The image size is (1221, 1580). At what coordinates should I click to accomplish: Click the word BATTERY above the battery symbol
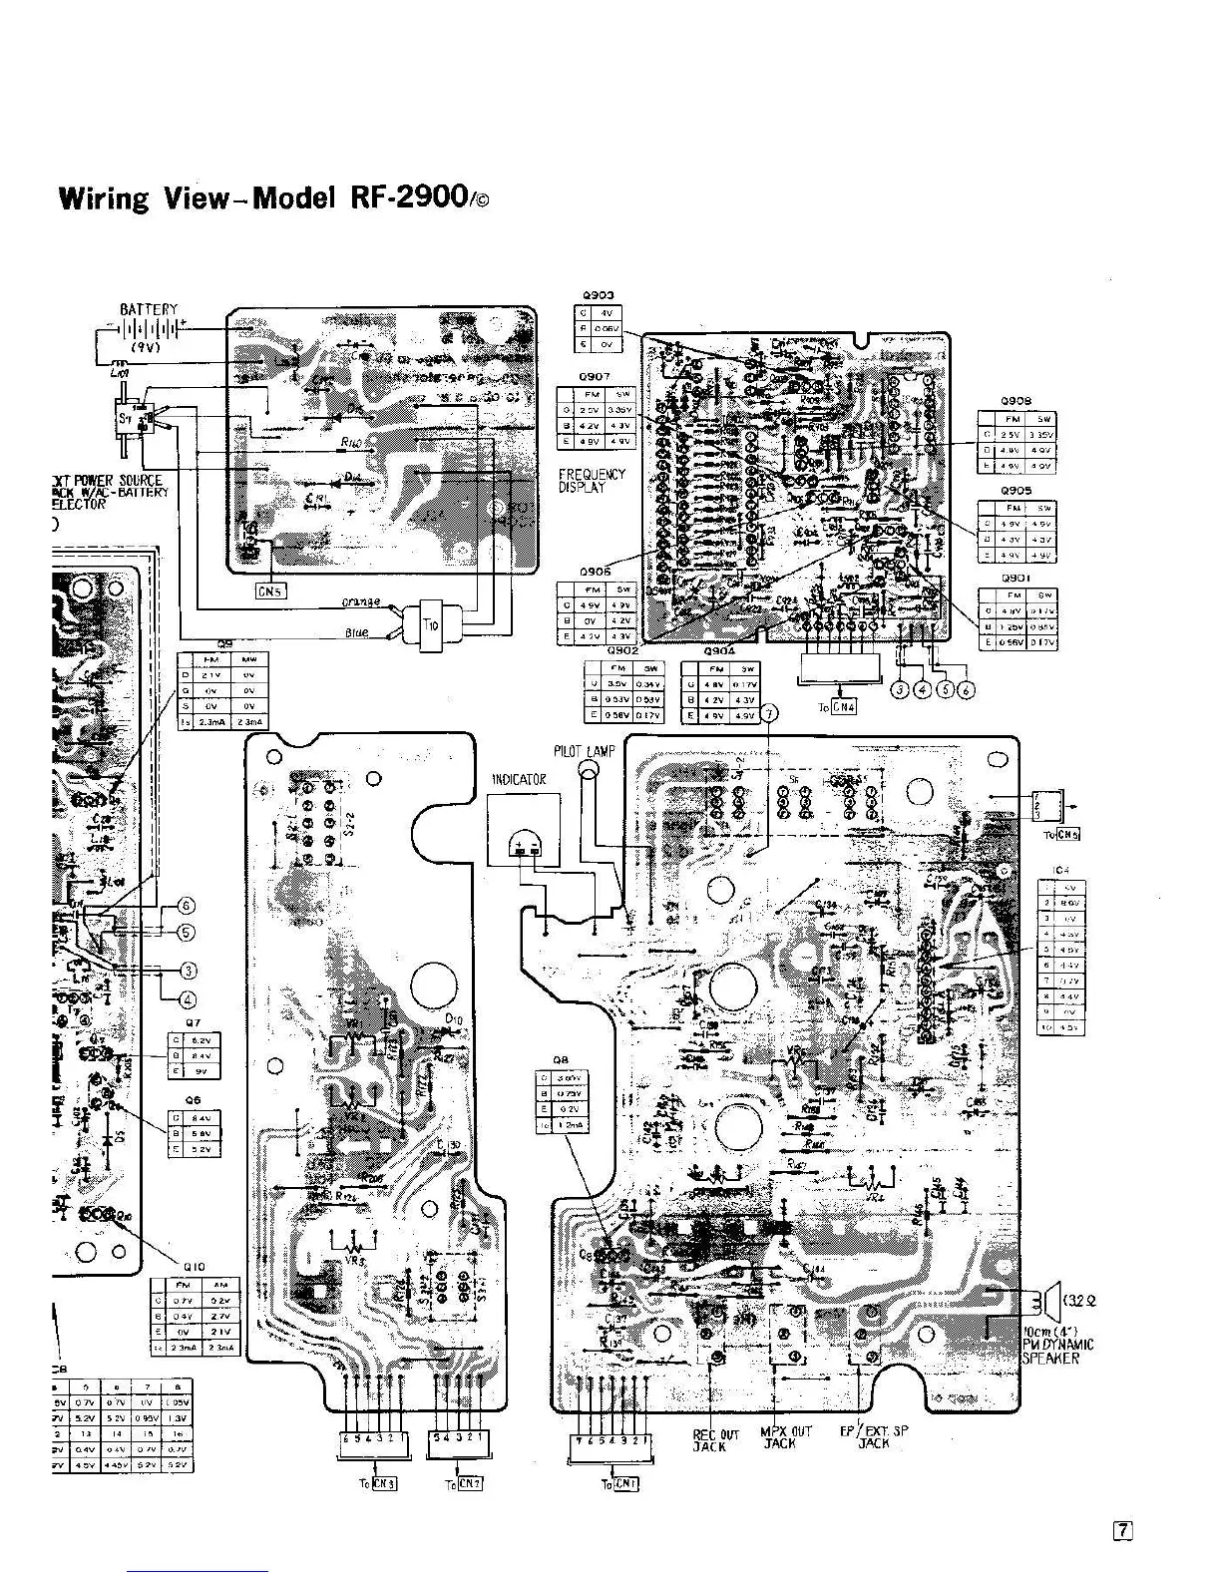tap(149, 309)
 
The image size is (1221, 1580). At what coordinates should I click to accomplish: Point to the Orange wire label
tap(360, 601)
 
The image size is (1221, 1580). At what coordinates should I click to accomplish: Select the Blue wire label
tap(356, 633)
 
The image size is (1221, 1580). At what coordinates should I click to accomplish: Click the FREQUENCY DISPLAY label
tap(592, 481)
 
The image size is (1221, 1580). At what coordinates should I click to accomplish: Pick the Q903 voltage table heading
tap(598, 295)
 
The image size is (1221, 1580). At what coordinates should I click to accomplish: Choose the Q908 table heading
tap(1017, 401)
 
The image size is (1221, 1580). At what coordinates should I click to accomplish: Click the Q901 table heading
tap(1017, 579)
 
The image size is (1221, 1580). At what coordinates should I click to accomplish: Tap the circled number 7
tap(768, 712)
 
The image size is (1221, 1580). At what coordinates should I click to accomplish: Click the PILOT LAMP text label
tap(585, 751)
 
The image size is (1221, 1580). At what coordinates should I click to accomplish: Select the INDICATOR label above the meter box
tap(518, 779)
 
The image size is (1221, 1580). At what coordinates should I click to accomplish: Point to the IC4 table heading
tap(1061, 870)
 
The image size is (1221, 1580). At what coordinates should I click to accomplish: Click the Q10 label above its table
tap(194, 1267)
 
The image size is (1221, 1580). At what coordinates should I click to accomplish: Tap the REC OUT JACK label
tap(715, 1439)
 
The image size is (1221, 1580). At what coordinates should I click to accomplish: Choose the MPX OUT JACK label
tap(787, 1437)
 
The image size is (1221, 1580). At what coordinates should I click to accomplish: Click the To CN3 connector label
tap(378, 1483)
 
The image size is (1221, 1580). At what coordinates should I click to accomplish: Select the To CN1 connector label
tap(619, 1484)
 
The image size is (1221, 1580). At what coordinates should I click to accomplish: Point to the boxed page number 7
tap(1123, 1529)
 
